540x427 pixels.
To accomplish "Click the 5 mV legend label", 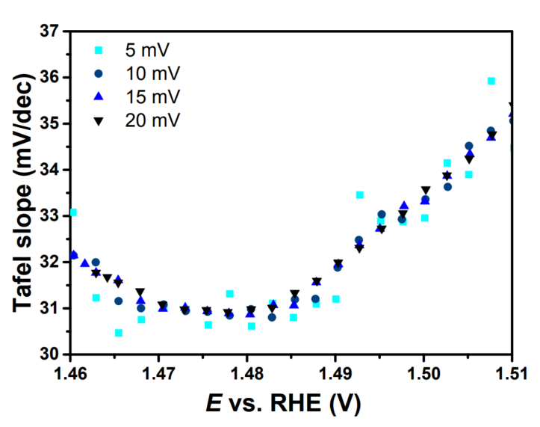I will coord(146,51).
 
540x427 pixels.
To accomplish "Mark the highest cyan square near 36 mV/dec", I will coord(491,81).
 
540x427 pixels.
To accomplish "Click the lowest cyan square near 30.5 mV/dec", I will coord(119,333).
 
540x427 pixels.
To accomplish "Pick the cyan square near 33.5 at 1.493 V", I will coord(360,195).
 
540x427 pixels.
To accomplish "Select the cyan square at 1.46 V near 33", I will coord(72,212).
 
